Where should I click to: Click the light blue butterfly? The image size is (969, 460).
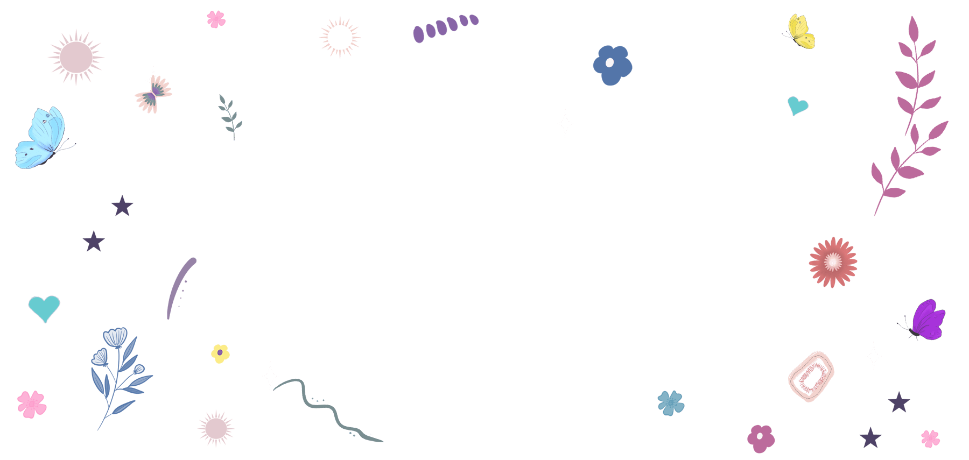(42, 139)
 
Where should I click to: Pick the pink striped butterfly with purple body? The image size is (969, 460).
(154, 94)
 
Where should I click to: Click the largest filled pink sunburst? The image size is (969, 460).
(76, 57)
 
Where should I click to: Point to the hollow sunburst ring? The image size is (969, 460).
(340, 37)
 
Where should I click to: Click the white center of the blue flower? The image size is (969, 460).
(609, 63)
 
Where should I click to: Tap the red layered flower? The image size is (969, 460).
(833, 262)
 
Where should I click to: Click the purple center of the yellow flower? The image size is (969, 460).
(220, 352)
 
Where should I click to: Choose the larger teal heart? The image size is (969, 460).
(44, 307)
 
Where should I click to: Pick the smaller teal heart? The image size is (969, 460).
(797, 105)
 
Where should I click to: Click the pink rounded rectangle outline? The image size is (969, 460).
(811, 377)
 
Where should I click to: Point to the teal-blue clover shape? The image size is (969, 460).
(671, 403)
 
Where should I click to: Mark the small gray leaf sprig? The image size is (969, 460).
(230, 116)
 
